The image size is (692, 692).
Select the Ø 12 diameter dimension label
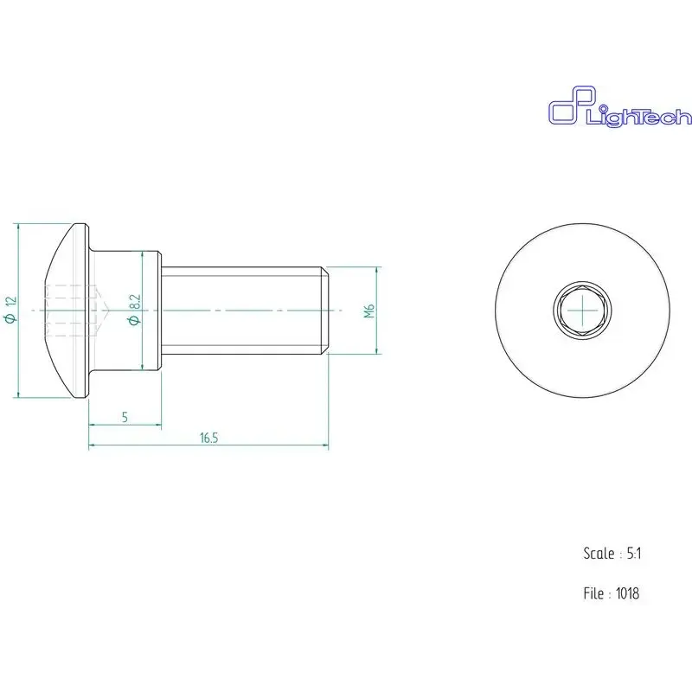click(x=10, y=310)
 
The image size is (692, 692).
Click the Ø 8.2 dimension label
click(x=134, y=310)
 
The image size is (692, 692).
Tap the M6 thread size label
click(x=369, y=311)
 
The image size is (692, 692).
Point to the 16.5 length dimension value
click(x=208, y=438)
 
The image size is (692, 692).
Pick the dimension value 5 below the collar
click(x=125, y=417)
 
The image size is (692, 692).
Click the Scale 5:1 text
click(x=612, y=554)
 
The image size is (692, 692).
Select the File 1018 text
click(x=612, y=593)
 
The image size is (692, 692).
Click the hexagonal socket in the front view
click(x=582, y=311)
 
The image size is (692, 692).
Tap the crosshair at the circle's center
click(x=582, y=311)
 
